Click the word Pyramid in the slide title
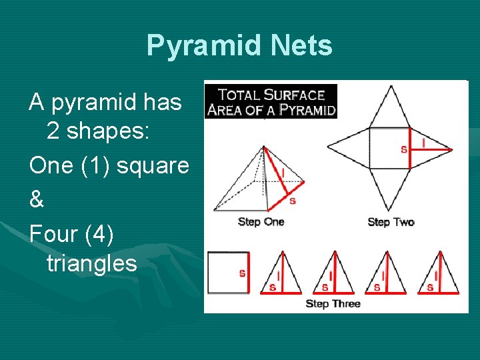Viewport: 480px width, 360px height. point(204,46)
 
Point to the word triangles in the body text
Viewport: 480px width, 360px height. point(91,263)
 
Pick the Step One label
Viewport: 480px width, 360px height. point(261,221)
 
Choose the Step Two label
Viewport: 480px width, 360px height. point(391,221)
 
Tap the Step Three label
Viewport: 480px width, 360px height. point(333,303)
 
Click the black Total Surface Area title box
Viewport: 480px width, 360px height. point(270,101)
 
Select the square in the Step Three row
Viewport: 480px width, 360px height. point(227,273)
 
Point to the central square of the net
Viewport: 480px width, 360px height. point(389,149)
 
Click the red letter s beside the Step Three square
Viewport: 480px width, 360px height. point(242,273)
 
